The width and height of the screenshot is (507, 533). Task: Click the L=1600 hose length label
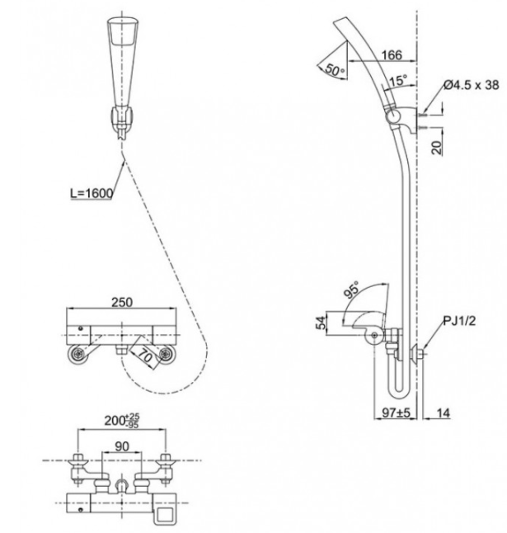92,193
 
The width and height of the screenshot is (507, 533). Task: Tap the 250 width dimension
122,302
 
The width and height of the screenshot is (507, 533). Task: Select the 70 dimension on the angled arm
145,356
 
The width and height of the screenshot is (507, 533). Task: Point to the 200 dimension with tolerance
121,421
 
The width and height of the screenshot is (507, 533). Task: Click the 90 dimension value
122,446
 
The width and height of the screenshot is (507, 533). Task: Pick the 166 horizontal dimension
392,55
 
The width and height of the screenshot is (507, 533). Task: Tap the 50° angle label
335,69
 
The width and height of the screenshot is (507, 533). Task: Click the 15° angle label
397,81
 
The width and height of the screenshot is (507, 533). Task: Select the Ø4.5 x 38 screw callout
472,85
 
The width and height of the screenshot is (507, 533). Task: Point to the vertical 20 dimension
437,147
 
